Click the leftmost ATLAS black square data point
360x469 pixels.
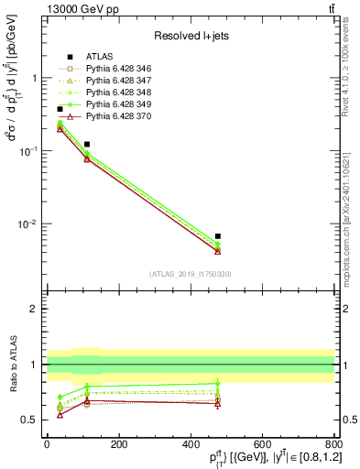point(60,109)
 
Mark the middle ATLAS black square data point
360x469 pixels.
point(87,144)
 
